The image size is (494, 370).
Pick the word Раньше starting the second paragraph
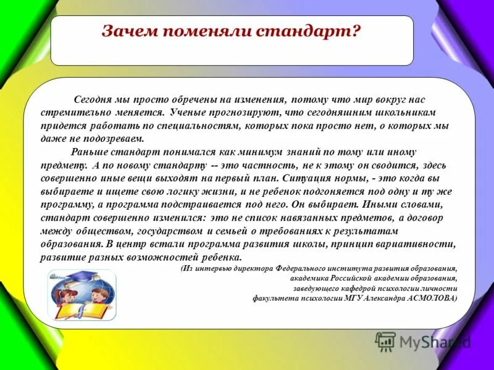[x=91, y=152]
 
